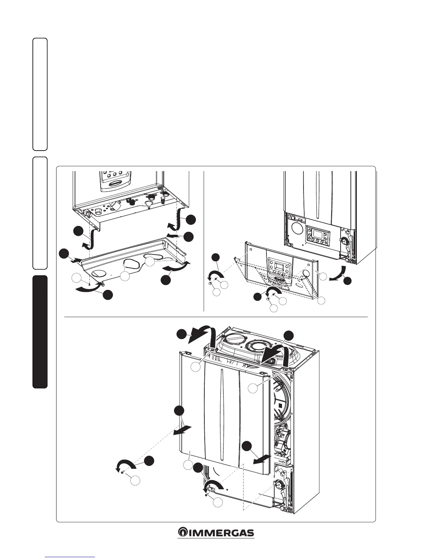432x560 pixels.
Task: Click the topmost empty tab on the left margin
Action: pos(40,94)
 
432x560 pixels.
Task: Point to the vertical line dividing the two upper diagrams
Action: pos(204,240)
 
